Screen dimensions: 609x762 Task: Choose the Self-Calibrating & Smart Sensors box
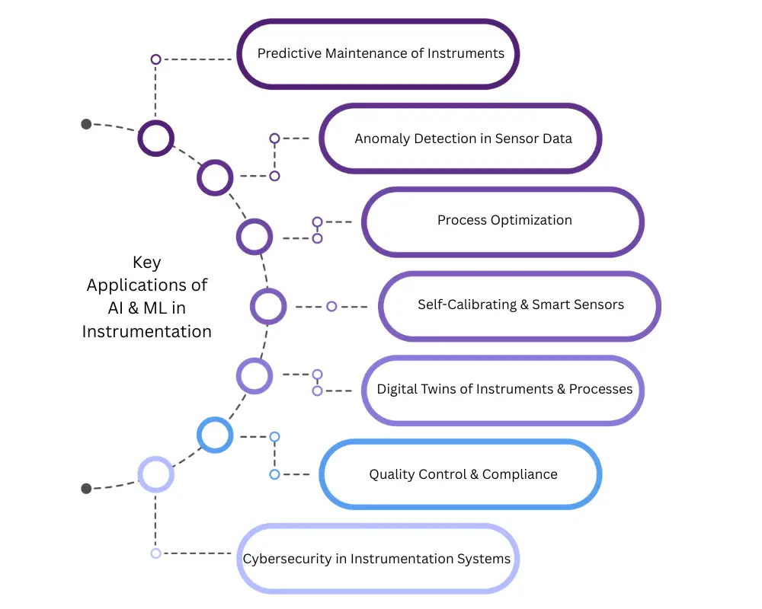click(x=520, y=305)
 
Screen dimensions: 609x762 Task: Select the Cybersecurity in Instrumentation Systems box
click(x=377, y=559)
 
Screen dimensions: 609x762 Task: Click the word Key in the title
click(x=146, y=263)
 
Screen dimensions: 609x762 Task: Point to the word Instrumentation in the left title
click(x=146, y=332)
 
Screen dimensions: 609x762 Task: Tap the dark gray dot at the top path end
click(x=86, y=124)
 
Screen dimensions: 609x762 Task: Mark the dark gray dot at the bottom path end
click(x=86, y=489)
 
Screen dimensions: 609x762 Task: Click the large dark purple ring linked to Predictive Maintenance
click(x=155, y=139)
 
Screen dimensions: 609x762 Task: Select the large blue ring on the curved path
click(x=215, y=435)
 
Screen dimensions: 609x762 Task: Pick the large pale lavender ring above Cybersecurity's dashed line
click(x=155, y=474)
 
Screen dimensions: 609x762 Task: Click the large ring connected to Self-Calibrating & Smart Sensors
click(x=268, y=307)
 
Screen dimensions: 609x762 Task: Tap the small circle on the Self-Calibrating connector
click(x=331, y=307)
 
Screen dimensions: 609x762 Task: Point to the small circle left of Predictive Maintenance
click(x=155, y=59)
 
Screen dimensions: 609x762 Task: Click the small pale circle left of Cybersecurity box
click(x=155, y=553)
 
